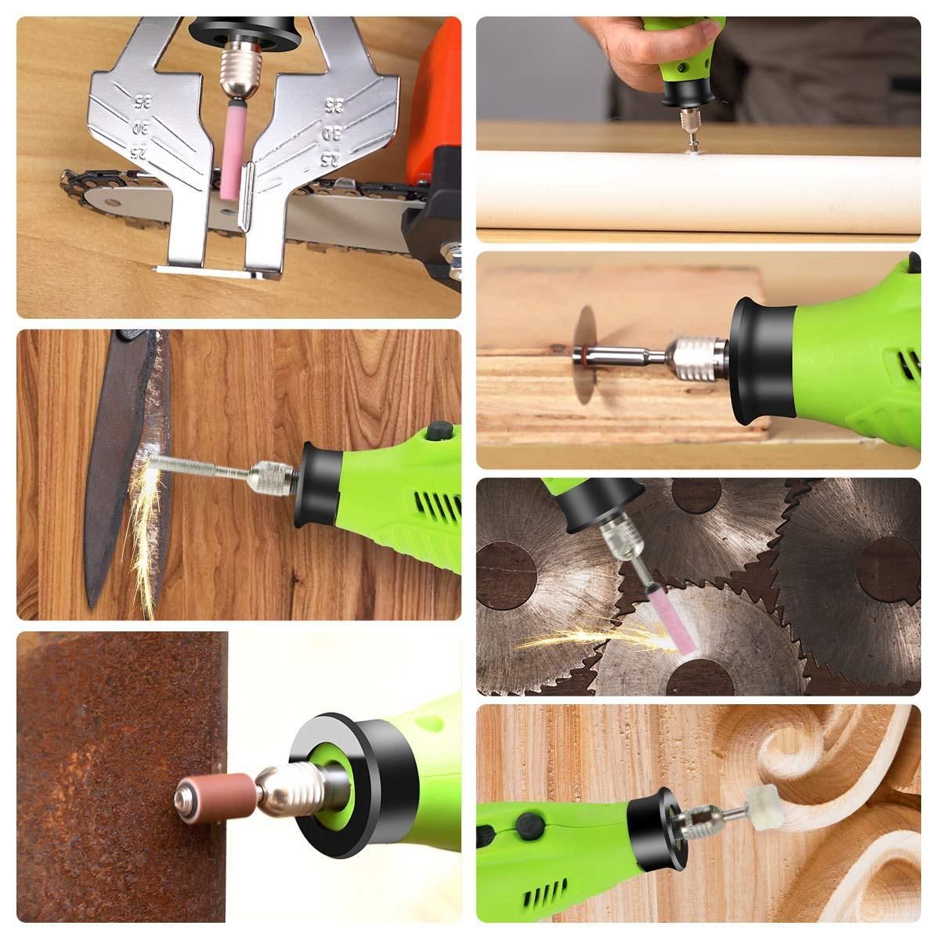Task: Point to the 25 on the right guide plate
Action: [x=328, y=160]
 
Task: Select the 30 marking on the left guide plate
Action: [x=140, y=128]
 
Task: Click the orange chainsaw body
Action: [x=433, y=98]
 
